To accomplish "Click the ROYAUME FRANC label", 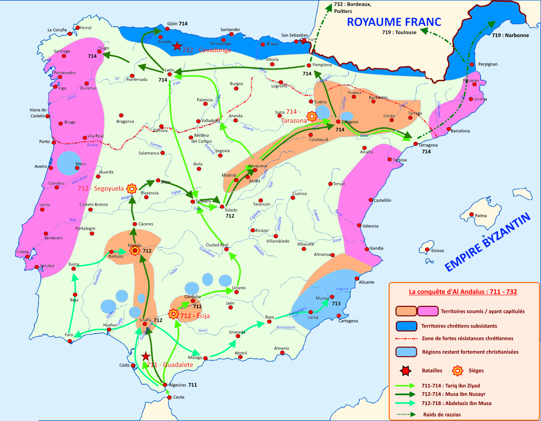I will (393, 22).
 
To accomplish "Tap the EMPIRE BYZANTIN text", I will (488, 242).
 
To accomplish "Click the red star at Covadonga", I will (177, 46).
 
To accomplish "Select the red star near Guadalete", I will (146, 356).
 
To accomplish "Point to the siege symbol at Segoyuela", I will (132, 189).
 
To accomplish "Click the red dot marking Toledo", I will (222, 207).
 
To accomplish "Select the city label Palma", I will (481, 216).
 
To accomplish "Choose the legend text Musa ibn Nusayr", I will (457, 394).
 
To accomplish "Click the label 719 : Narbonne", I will (510, 35).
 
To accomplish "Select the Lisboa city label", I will (23, 251).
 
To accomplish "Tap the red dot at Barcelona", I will (449, 129).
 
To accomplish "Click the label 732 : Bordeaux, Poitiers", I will (352, 8).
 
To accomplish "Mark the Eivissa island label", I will (437, 251).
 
